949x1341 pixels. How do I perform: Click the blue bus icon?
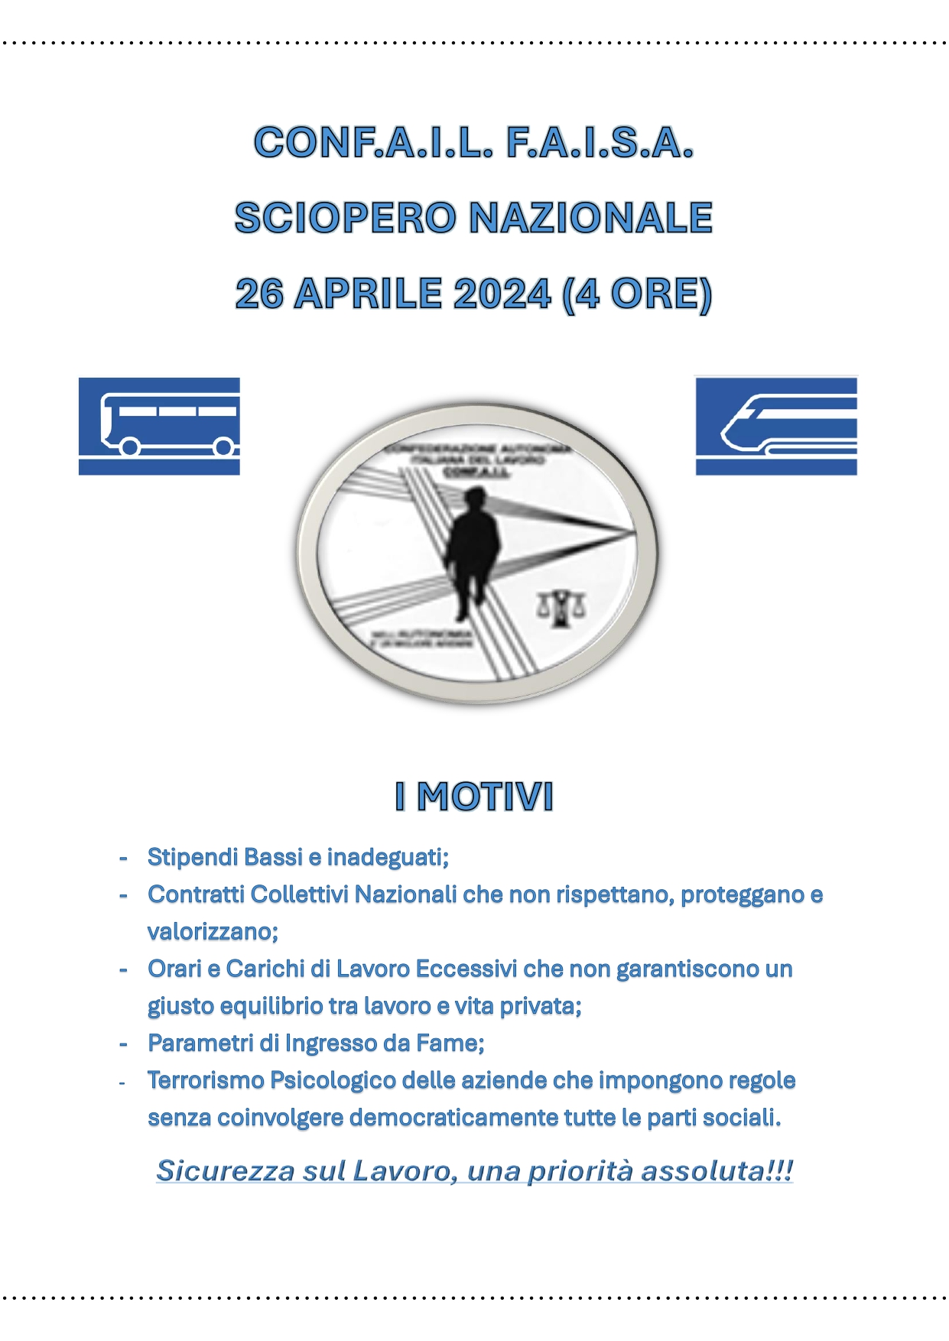(159, 426)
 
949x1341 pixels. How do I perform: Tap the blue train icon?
(775, 426)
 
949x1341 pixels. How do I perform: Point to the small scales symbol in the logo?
(562, 609)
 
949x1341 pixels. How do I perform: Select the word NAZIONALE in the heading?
(590, 218)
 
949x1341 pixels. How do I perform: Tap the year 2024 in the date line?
(502, 294)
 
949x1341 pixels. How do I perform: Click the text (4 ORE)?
(636, 294)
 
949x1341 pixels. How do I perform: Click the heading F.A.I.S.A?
(600, 143)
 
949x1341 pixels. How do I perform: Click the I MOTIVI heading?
(474, 797)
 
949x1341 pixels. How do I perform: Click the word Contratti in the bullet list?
(196, 895)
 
